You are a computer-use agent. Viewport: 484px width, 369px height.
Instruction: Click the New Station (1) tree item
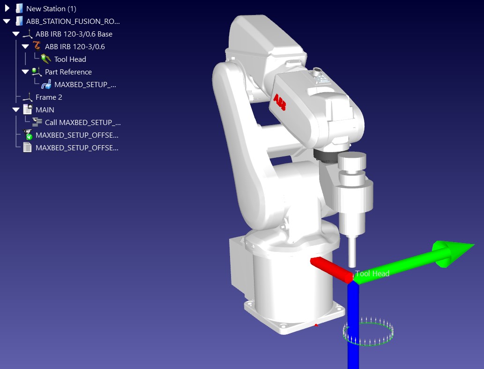tap(51, 8)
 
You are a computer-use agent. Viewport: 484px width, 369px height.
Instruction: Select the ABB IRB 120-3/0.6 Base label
tap(74, 34)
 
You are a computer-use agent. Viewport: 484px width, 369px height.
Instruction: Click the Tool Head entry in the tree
tap(70, 59)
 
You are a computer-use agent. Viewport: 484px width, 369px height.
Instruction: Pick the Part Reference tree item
tap(68, 72)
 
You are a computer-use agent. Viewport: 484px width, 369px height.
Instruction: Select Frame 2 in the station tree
tap(49, 97)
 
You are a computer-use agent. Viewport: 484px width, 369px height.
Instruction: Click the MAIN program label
tap(45, 110)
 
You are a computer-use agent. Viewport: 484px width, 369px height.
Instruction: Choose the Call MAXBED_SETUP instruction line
tap(83, 123)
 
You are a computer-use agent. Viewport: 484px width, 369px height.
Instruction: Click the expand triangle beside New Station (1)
tap(7, 8)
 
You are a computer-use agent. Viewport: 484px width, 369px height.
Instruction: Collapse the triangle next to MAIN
tap(16, 110)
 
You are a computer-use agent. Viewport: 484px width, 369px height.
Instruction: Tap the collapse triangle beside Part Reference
tap(25, 72)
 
